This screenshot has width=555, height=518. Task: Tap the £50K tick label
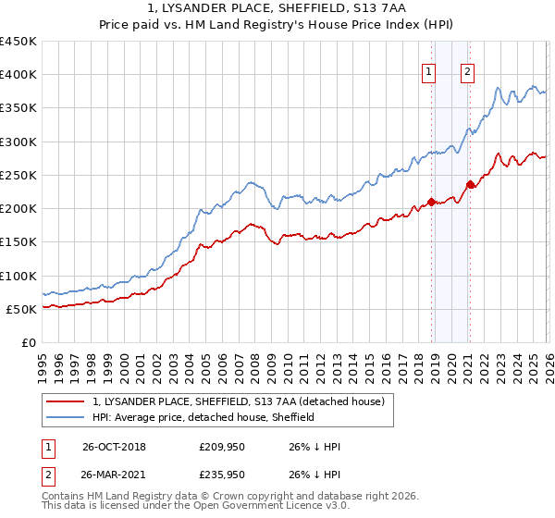[22, 309]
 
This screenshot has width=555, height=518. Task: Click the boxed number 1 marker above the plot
[431, 73]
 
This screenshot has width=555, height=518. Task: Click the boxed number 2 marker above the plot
[468, 73]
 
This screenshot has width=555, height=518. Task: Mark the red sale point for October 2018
[431, 203]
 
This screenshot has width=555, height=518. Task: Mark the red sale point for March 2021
[470, 184]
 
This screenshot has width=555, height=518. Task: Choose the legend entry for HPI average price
[203, 417]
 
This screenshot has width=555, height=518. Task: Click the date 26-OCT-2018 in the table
[113, 446]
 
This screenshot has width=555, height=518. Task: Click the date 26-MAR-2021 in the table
[113, 475]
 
